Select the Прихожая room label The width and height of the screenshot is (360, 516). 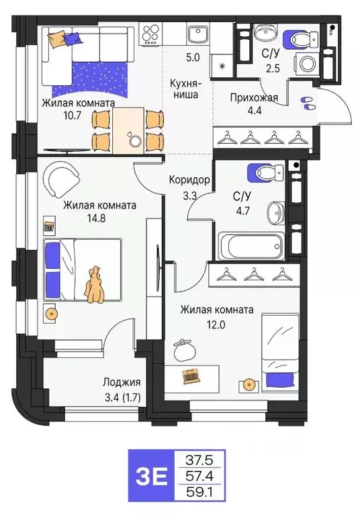[x=254, y=97]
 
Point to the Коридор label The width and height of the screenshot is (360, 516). [x=190, y=180]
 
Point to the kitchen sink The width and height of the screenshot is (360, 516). [x=197, y=33]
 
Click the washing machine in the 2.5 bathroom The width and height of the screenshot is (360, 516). [x=310, y=64]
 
